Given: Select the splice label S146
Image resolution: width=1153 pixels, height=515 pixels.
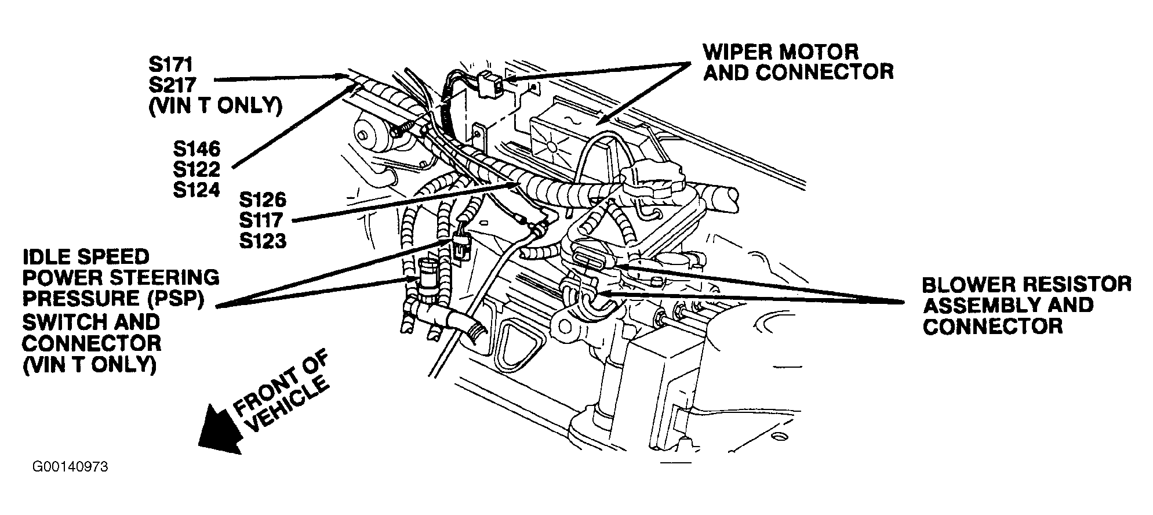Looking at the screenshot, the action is pyautogui.click(x=197, y=149).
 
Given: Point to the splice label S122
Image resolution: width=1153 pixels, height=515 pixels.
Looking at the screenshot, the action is pyautogui.click(x=197, y=170).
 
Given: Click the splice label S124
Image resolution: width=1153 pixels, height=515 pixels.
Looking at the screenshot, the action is pyautogui.click(x=197, y=190).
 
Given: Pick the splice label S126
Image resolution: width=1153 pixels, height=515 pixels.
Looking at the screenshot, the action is pyautogui.click(x=263, y=200).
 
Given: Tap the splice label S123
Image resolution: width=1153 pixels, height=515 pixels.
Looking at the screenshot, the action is pyautogui.click(x=263, y=241).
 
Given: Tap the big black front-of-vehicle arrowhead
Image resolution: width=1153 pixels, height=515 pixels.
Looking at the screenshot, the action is pyautogui.click(x=220, y=430).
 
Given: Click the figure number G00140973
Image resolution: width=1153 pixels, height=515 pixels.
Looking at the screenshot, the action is pyautogui.click(x=71, y=467).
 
